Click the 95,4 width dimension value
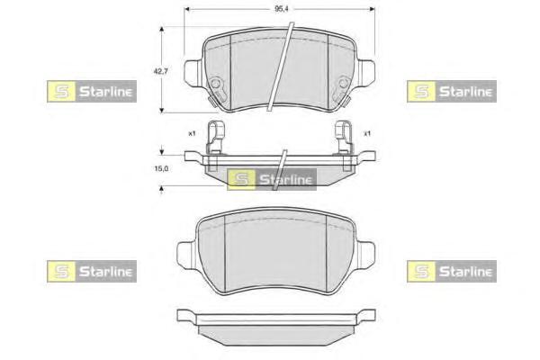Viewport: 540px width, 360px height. tap(282, 9)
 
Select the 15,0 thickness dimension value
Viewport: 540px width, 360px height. tap(161, 168)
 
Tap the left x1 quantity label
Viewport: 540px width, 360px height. tap(192, 133)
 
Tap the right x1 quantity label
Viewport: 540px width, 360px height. tap(367, 133)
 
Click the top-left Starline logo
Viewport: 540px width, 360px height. tap(92, 91)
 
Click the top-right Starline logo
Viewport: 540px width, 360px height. tap(452, 91)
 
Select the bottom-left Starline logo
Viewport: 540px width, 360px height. tap(92, 272)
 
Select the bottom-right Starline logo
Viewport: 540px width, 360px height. tap(452, 272)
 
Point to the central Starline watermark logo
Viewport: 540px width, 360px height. tap(272, 179)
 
